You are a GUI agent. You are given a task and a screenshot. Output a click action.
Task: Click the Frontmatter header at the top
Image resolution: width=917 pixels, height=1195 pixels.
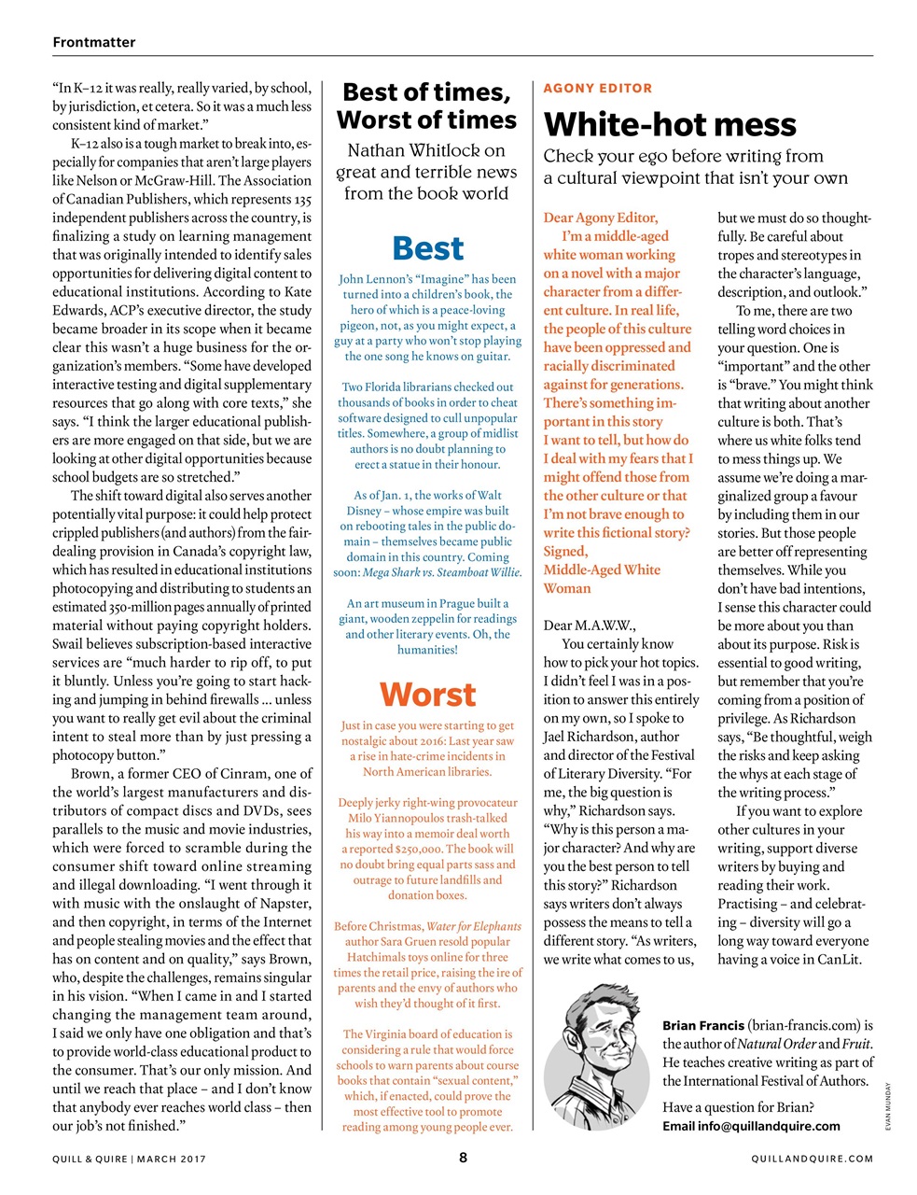(94, 42)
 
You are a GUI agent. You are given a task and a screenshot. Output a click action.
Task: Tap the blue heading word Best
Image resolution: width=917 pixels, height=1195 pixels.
(428, 248)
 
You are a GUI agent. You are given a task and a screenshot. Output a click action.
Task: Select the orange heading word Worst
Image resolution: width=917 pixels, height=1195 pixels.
(427, 695)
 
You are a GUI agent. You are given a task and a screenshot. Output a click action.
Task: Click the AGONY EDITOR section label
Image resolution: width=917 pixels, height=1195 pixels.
(598, 88)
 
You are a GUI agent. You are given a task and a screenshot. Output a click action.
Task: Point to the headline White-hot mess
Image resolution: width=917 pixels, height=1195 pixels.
(670, 124)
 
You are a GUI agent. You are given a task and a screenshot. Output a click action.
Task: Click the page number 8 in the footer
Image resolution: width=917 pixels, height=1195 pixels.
(463, 1158)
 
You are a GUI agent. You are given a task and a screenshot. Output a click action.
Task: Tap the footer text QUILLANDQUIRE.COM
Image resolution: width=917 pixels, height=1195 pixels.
(813, 1159)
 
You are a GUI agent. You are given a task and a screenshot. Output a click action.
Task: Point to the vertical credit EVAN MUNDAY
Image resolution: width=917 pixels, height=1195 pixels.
(889, 1107)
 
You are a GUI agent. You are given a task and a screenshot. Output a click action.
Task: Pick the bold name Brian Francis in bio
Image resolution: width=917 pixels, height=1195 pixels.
(703, 1025)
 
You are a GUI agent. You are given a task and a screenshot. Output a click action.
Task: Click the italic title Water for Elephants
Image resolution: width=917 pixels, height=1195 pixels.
(473, 926)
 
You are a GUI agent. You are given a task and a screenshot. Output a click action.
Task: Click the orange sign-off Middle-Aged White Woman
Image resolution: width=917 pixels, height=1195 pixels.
(602, 579)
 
